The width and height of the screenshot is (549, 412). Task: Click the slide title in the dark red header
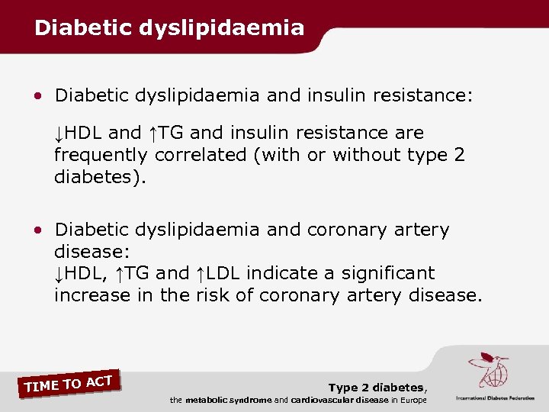169,28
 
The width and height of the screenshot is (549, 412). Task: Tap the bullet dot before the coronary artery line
37,230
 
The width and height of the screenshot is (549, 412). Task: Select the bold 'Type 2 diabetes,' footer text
377,388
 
